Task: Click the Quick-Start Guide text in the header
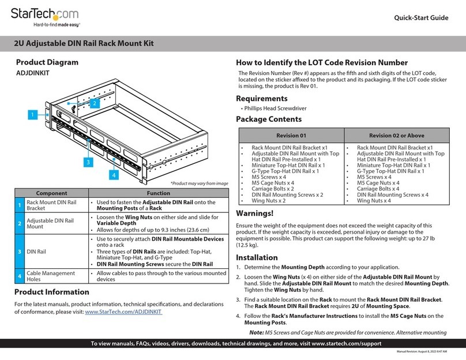[x=420, y=18]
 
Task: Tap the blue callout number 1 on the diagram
[x=33, y=115]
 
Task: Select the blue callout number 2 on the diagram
[x=93, y=102]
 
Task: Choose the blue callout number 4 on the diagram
[x=114, y=175]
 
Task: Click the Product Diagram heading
[x=47, y=62]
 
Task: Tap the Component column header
[x=51, y=194]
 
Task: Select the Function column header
[x=159, y=194]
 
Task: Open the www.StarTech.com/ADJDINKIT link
[x=123, y=312]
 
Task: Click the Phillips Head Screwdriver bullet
[x=274, y=108]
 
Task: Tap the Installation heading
[x=257, y=257]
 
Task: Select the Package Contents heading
[x=269, y=119]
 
